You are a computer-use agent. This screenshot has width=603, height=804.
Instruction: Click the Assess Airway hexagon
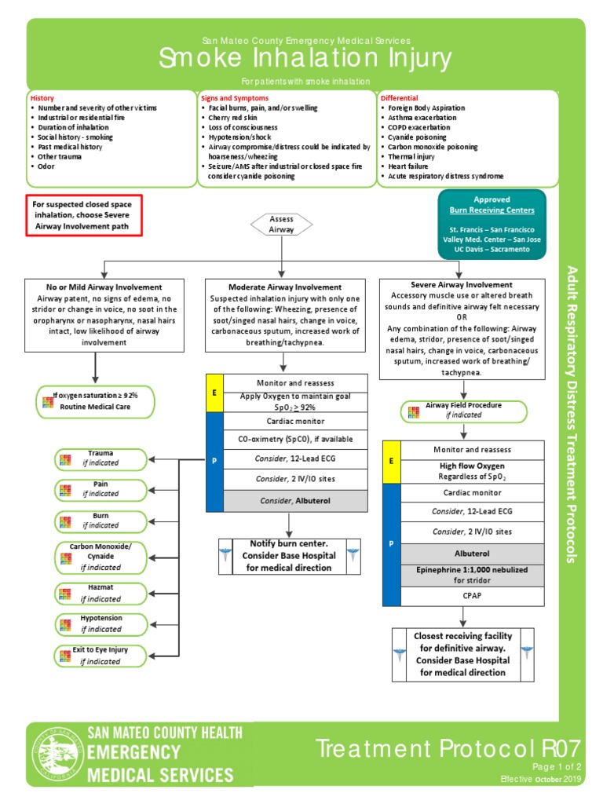[x=281, y=225]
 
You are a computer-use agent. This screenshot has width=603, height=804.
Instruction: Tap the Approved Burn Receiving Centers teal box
[x=492, y=224]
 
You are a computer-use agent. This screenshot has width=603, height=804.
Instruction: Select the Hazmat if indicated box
[x=100, y=593]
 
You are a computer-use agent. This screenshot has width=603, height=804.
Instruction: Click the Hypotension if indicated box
[x=100, y=623]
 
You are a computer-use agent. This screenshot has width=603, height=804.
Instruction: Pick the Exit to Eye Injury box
[x=100, y=656]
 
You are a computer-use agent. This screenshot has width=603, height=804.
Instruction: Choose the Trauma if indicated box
[x=100, y=459]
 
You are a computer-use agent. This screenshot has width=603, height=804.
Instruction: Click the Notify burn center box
[x=290, y=555]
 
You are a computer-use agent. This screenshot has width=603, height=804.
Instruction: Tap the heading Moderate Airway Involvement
[x=285, y=287]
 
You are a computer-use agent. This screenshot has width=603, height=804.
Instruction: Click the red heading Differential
[x=400, y=98]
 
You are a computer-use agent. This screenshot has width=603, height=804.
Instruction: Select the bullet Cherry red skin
[x=232, y=117]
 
